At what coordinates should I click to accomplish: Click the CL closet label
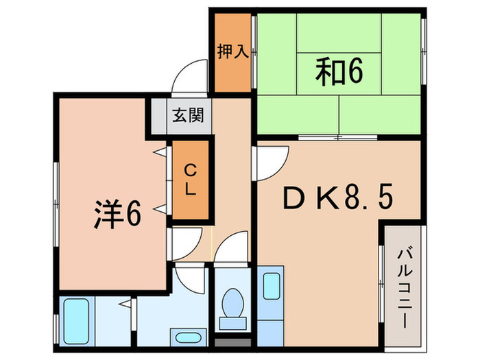[x=189, y=180]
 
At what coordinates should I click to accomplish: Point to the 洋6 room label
[x=117, y=215]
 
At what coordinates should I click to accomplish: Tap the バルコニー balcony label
[x=404, y=288]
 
